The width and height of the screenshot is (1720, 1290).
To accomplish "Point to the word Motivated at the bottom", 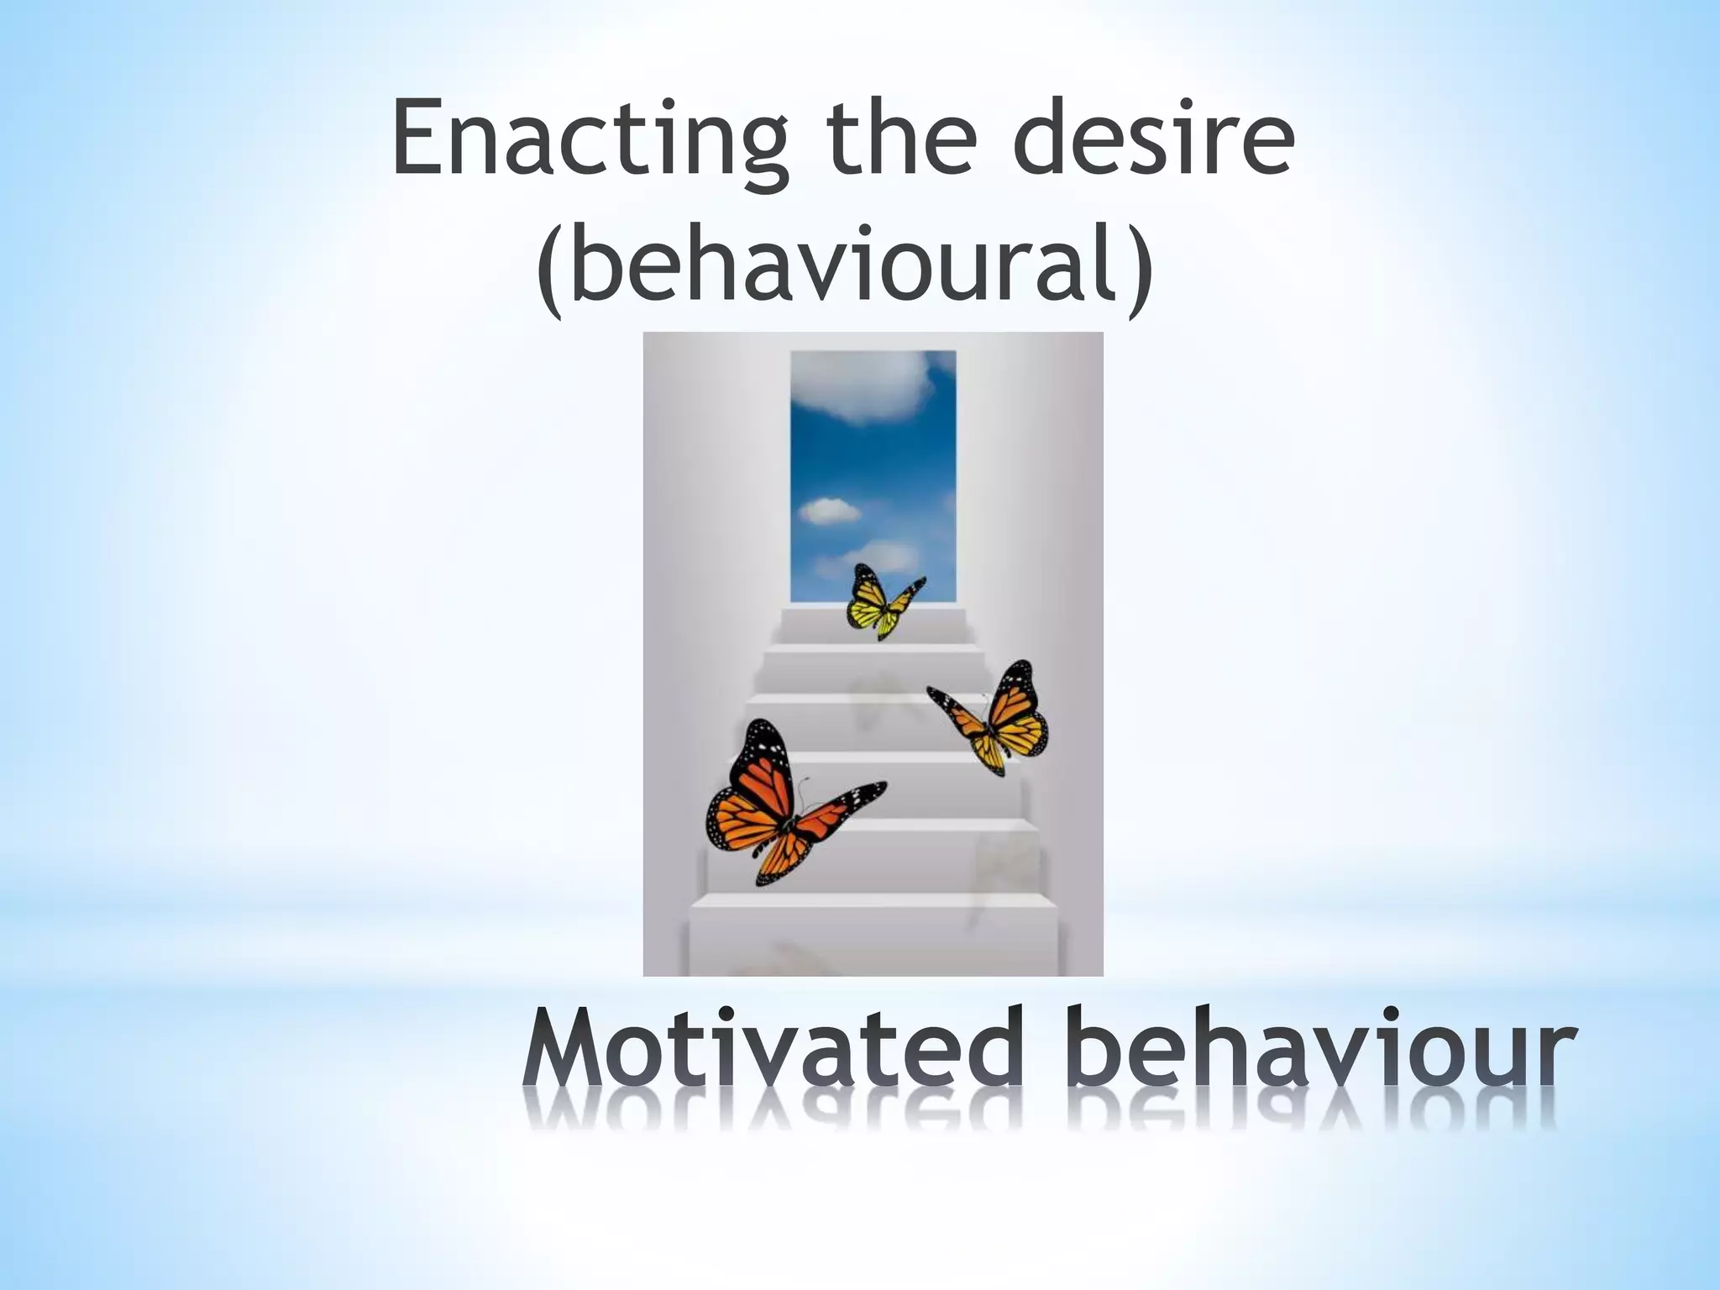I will [x=768, y=1051].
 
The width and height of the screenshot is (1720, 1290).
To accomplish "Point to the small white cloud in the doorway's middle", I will [x=829, y=511].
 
